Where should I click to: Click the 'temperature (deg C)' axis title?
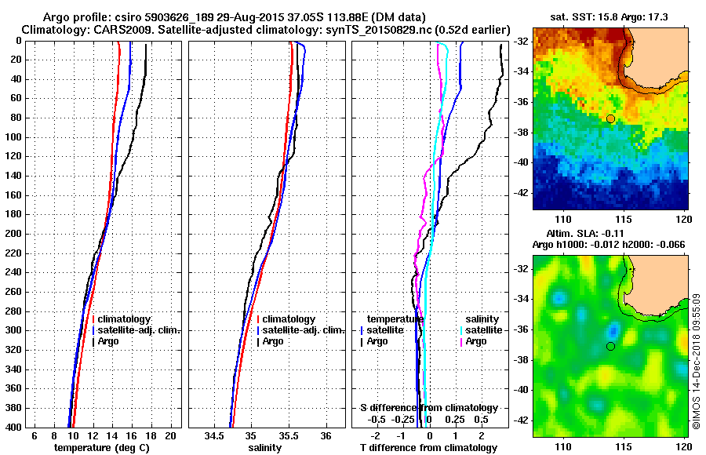pyautogui.click(x=101, y=448)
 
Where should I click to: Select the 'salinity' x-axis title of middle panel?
pyautogui.click(x=266, y=448)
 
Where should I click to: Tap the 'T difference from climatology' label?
pyautogui.click(x=428, y=448)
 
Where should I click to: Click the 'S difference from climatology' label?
pyautogui.click(x=428, y=408)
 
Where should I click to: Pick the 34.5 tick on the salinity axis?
pyautogui.click(x=215, y=435)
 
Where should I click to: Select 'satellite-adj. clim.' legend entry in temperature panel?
pyautogui.click(x=139, y=330)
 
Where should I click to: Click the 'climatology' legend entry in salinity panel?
pyautogui.click(x=289, y=319)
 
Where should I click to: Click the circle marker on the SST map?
pyautogui.click(x=610, y=118)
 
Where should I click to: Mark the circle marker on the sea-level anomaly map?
pyautogui.click(x=610, y=346)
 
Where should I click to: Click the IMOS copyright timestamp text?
pyautogui.click(x=697, y=360)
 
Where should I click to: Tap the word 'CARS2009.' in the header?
pyautogui.click(x=108, y=29)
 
